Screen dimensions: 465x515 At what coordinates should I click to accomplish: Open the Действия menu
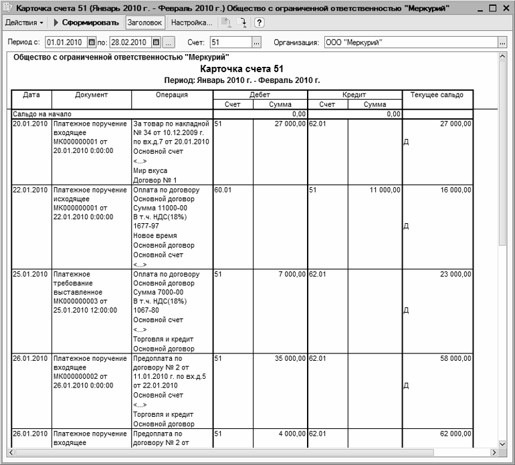(x=25, y=22)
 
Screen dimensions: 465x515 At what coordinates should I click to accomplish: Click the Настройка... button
(x=191, y=22)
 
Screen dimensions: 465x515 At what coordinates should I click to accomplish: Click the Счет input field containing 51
(x=229, y=43)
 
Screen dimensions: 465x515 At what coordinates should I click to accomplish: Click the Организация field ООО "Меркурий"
(x=409, y=43)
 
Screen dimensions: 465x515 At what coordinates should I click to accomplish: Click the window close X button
(x=505, y=7)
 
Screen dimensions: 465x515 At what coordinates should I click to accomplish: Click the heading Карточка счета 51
(x=241, y=69)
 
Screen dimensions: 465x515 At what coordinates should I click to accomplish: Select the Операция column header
(x=172, y=95)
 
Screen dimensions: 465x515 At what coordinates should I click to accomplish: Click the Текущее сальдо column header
(x=437, y=95)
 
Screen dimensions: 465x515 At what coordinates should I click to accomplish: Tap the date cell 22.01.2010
(x=31, y=190)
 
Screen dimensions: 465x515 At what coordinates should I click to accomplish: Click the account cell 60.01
(x=223, y=190)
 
